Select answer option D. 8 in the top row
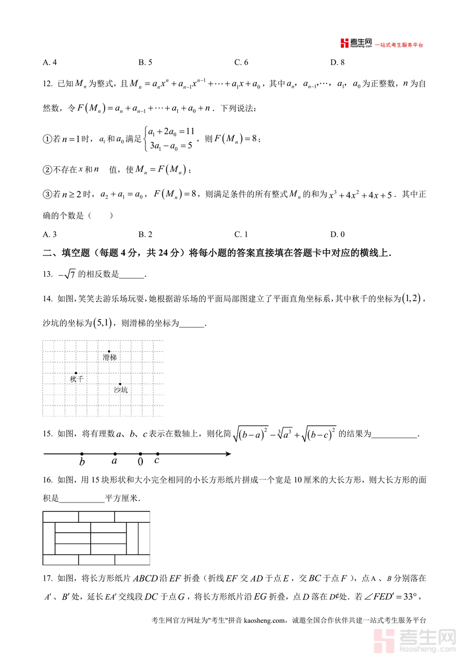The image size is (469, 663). click(x=338, y=63)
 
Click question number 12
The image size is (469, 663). click(x=47, y=83)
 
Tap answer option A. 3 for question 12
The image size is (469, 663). click(x=50, y=235)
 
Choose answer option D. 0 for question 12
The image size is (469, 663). click(x=337, y=235)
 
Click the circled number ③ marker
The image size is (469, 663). click(x=46, y=194)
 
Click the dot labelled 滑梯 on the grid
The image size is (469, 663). click(x=109, y=351)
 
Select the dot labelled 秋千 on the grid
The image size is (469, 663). click(x=76, y=373)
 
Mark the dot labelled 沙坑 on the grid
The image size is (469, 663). click(x=120, y=384)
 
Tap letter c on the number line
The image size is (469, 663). click(x=157, y=461)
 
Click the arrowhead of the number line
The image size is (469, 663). click(x=228, y=454)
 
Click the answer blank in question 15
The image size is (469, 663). click(x=395, y=434)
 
